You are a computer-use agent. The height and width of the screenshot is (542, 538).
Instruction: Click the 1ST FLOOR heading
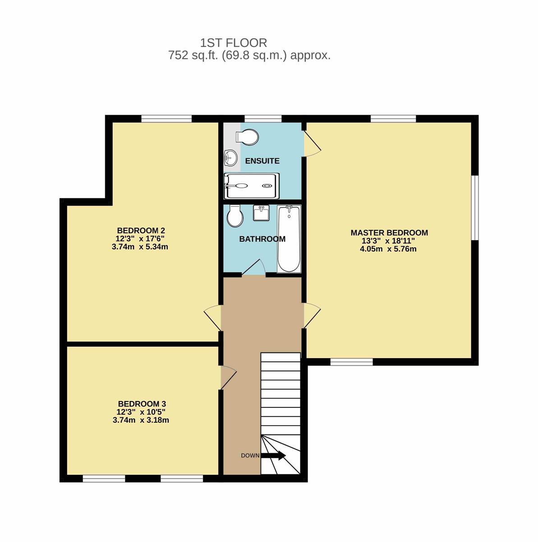tap(234, 43)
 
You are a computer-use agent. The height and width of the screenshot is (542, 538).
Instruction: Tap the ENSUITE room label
tap(262, 161)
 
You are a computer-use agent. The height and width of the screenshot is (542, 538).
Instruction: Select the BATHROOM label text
tap(262, 239)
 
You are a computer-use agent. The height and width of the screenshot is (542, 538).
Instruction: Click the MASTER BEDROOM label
tap(389, 233)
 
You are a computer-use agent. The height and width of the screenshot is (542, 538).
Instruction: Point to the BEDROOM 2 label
tap(141, 231)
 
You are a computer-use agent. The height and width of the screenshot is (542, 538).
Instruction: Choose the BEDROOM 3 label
tap(142, 404)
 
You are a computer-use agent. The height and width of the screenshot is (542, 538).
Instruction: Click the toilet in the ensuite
tap(247, 137)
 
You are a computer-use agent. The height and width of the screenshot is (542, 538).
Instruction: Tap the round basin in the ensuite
tap(230, 158)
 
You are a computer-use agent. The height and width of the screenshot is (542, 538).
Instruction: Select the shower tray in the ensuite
tap(252, 186)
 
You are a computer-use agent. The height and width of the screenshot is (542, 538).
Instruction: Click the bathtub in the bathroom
tap(289, 239)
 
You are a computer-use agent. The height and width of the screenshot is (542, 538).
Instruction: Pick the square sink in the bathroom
tap(261, 213)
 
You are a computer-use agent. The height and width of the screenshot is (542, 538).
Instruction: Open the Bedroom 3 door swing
tap(228, 377)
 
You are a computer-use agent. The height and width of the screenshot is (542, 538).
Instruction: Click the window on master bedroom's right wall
tap(475, 208)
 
